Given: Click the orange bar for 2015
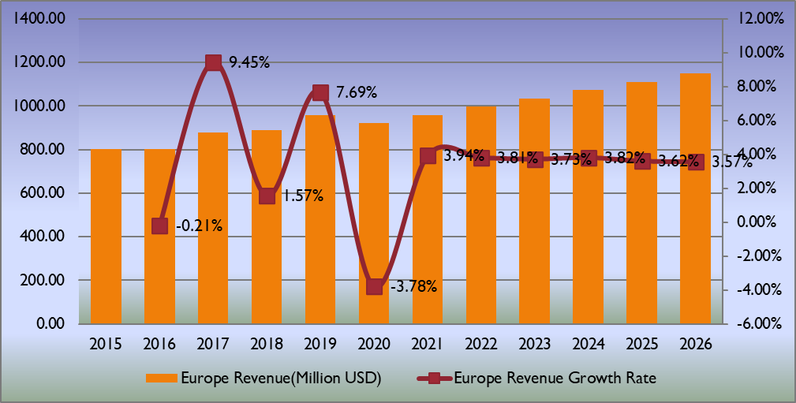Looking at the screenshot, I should pos(106,237).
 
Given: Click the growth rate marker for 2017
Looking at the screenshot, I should pos(213,62).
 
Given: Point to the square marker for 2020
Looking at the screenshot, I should pos(374,286).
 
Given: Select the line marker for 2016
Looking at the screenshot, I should pos(159,226).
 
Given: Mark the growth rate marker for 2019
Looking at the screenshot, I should pos(320,92).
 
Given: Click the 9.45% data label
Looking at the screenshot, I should pos(249,62).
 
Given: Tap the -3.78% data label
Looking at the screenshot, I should pos(413,286).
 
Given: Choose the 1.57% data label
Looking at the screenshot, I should pos(303,196).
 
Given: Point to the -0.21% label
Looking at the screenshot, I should pos(199,226).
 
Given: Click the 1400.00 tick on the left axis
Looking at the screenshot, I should pos(39,19).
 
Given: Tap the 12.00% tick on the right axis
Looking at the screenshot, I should pos(756,19).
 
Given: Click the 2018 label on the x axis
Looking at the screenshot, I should pos(267,345).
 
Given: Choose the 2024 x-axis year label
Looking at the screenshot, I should pos(589,345).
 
